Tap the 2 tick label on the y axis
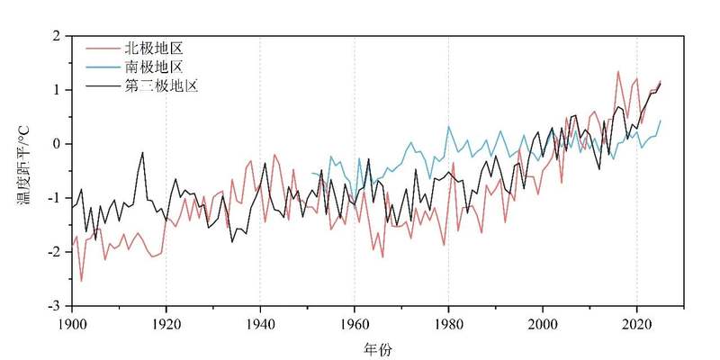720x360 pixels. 56,36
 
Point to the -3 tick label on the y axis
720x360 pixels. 53,307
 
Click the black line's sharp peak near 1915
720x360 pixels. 142,153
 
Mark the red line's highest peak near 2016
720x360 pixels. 617,71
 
